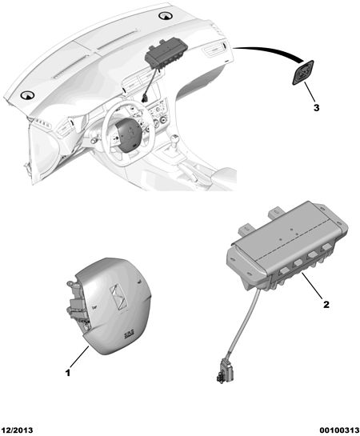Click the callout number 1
click(x=68, y=373)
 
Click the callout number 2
click(x=326, y=305)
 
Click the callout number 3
click(x=316, y=108)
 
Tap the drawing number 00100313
click(x=339, y=430)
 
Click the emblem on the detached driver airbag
click(x=118, y=298)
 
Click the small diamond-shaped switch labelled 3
click(x=302, y=72)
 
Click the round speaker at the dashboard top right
click(x=166, y=16)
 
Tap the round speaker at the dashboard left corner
click(x=27, y=95)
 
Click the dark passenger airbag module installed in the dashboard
click(x=166, y=54)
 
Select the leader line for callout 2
click(x=312, y=286)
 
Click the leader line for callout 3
click(x=310, y=92)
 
